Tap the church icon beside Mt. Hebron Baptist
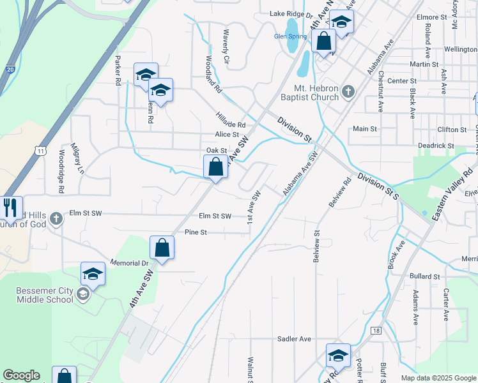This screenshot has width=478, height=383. coord(348,92)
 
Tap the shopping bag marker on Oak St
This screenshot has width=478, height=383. coord(216,167)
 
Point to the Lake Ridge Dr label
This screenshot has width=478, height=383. coord(290,13)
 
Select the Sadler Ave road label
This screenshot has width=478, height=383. coord(294,339)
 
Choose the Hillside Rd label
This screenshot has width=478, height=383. coord(230,120)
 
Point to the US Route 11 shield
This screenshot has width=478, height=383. coord(41,151)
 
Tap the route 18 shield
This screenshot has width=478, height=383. coord(376,330)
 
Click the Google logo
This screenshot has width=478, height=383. coord(21,375)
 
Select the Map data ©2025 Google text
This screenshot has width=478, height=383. coord(438,378)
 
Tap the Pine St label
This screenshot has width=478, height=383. coord(196,232)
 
